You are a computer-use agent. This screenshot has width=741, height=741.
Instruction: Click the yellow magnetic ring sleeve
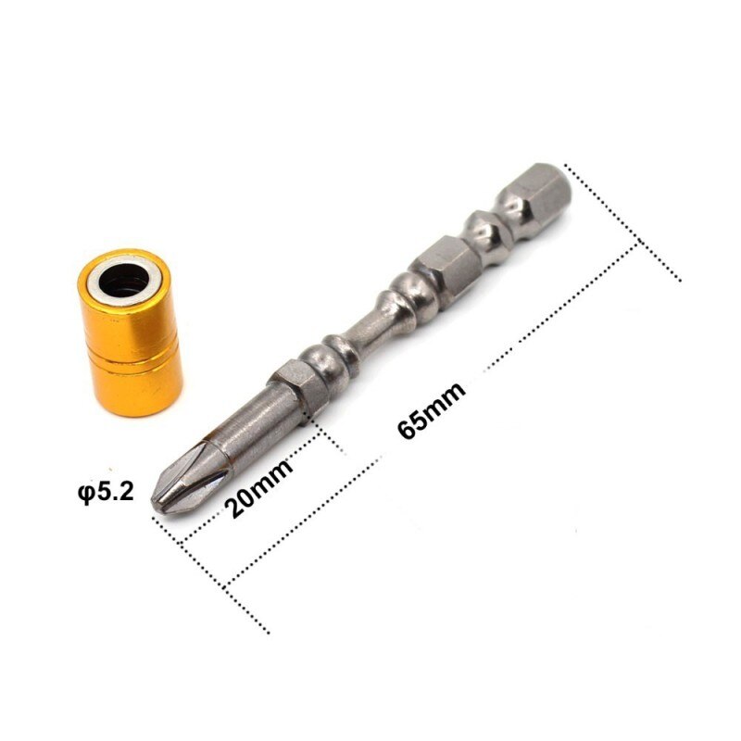[x=131, y=333]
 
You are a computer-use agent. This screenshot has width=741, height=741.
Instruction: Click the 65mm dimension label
[x=432, y=405]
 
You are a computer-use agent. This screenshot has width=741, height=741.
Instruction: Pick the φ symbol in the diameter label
[x=85, y=492]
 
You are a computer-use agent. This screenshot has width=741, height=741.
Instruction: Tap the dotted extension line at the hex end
[x=622, y=222]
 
